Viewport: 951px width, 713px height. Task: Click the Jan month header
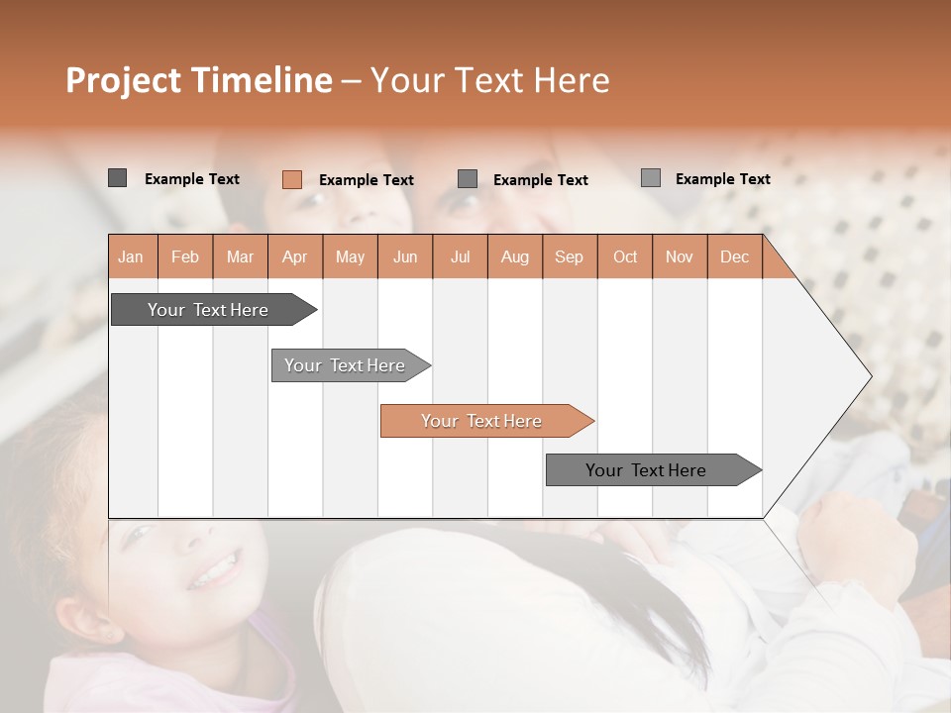(131, 256)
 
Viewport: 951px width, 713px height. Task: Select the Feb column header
(185, 256)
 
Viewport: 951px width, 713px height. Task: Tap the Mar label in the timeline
(240, 256)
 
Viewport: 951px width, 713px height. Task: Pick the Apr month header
(295, 256)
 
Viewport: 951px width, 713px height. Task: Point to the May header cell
(350, 256)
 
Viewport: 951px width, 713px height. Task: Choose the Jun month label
(405, 256)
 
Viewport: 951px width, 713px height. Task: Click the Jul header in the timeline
(460, 256)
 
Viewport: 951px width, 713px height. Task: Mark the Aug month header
(515, 256)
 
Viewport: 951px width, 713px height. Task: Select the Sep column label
(570, 256)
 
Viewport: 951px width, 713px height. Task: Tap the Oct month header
(625, 256)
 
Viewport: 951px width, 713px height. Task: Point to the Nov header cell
(680, 256)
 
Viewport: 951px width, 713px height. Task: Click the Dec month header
(734, 256)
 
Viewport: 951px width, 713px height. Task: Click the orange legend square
(291, 179)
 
